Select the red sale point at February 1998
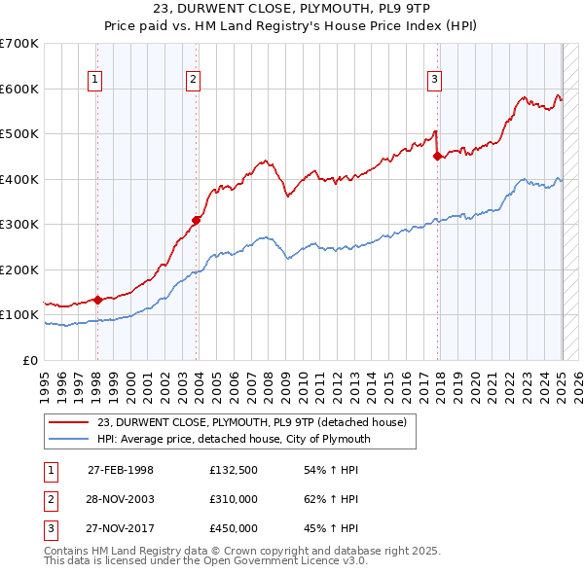tap(97, 300)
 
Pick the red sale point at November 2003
tap(197, 220)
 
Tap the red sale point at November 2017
tap(437, 157)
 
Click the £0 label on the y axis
tap(30, 360)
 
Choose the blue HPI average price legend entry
tap(234, 439)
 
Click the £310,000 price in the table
tap(234, 499)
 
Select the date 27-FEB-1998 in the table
tap(121, 470)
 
